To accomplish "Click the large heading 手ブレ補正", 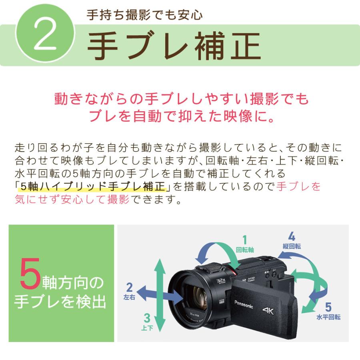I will point(174,45).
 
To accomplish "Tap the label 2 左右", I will point(129,291).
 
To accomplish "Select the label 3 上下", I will point(147,322).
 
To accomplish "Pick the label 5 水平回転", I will point(328,312).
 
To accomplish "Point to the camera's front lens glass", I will point(196,298).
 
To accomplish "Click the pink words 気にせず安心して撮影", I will point(72,199).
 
